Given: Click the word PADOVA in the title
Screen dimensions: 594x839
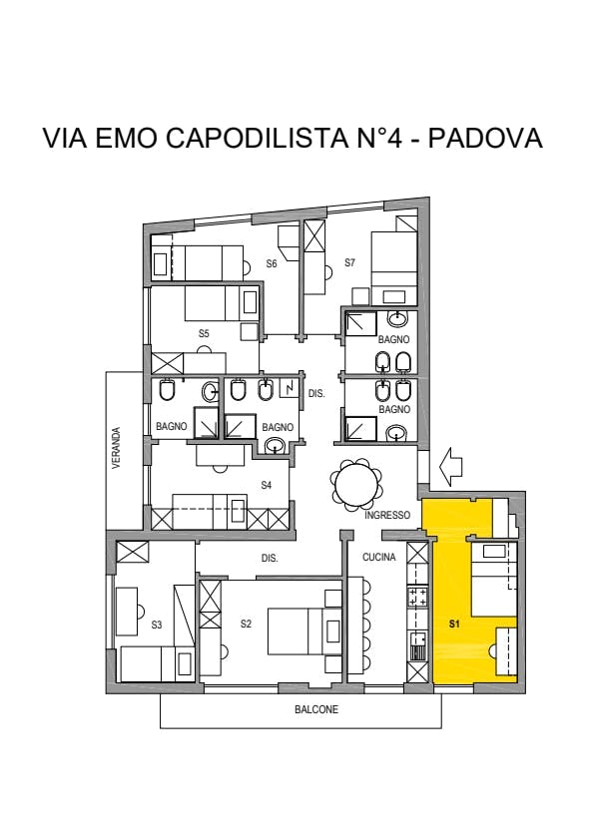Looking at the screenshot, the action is point(485,138).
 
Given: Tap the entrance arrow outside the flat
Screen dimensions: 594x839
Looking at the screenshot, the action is point(450,467).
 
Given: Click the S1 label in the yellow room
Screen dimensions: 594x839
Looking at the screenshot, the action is point(454,624).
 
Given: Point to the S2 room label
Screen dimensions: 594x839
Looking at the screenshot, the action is point(246,624).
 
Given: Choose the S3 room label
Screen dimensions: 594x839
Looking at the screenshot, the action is point(157,625).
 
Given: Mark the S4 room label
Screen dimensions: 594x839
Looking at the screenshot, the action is point(267,485).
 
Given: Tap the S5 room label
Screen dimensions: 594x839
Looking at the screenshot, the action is point(204,333).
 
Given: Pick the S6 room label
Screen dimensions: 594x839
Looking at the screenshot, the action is point(272,263).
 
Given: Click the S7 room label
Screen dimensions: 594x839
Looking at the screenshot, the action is point(349,262).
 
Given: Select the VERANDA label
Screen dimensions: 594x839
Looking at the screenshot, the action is point(117,448).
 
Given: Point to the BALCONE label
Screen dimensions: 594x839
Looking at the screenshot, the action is point(316,709).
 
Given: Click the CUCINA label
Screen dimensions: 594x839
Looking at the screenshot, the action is point(379,557).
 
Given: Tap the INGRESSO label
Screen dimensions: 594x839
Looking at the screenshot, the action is point(387,516).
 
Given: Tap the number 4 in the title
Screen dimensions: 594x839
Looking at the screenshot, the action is point(393,138).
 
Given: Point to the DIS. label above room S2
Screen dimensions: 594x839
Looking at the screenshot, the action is point(270,558).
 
